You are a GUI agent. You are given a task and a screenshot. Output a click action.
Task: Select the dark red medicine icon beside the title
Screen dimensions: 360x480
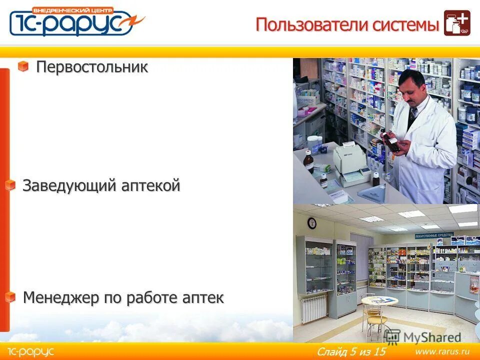coord(456,23)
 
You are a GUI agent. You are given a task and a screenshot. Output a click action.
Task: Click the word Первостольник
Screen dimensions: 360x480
coord(92,67)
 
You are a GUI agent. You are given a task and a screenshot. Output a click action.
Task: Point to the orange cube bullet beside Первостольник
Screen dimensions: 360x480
coord(23,66)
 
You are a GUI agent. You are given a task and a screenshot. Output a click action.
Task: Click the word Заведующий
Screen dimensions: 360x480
coord(69,186)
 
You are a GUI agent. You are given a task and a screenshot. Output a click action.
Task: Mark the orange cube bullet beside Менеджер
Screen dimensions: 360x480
coord(10,297)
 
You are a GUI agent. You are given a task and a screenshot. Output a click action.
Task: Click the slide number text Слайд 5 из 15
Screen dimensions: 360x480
coord(351,351)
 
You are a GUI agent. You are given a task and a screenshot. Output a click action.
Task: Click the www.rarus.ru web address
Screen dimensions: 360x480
coord(442,351)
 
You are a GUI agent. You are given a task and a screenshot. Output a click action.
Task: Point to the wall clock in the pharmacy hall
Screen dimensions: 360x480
coord(312,223)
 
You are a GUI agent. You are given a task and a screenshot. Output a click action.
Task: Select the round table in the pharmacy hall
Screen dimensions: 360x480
coord(379,301)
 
